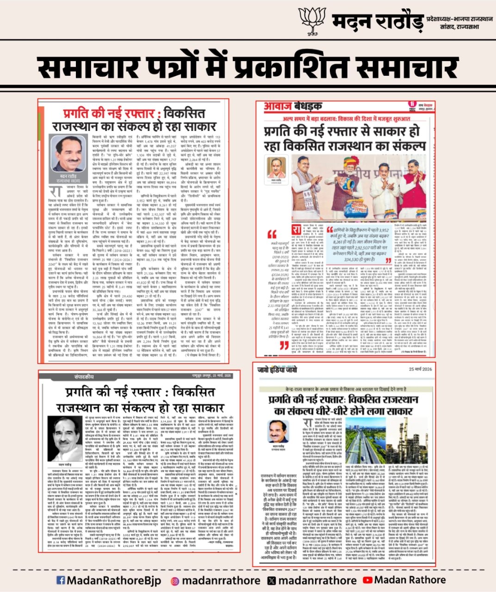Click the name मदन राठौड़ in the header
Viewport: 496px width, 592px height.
[x=377, y=22]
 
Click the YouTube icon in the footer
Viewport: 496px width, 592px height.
[x=367, y=580]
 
